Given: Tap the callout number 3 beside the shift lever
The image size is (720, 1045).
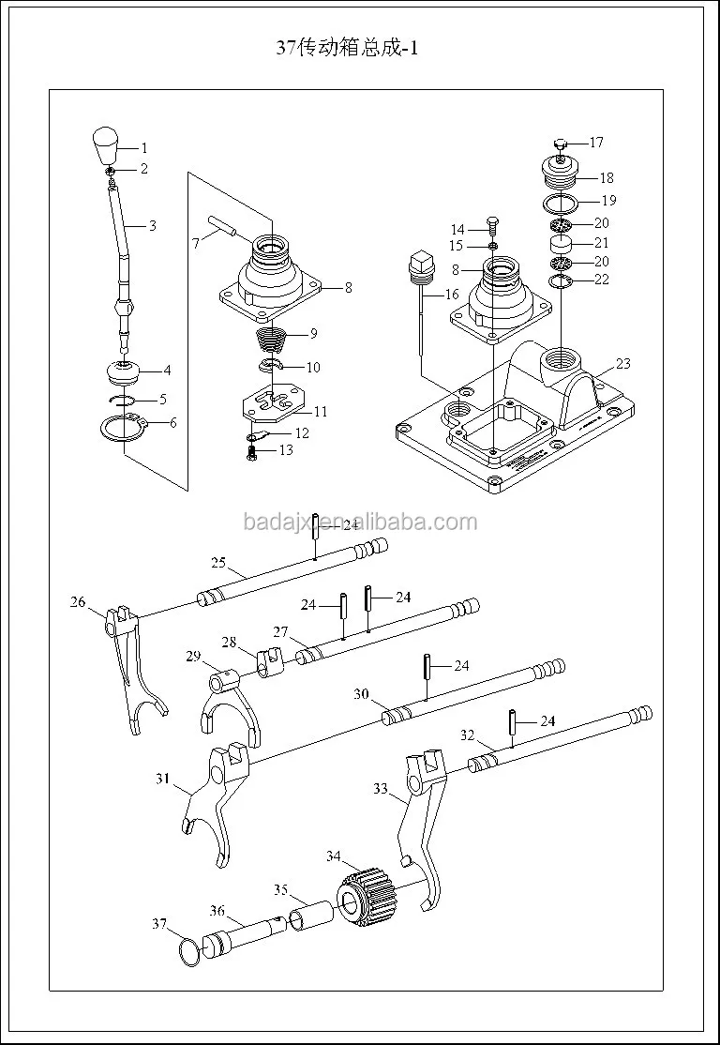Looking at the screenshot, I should coord(153,226).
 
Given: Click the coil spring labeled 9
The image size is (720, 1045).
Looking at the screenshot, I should coord(274,334).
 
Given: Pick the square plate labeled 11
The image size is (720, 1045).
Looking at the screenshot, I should coord(271,402).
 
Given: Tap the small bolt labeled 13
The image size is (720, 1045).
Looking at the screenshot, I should coord(252,451).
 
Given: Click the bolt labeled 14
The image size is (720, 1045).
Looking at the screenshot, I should coord(493,226).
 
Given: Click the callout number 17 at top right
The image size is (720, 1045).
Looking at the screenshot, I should coord(596,143).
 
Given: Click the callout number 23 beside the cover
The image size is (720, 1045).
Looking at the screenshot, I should coord(623,364).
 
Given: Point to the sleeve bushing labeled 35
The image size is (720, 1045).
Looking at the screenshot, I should coord(310,913).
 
